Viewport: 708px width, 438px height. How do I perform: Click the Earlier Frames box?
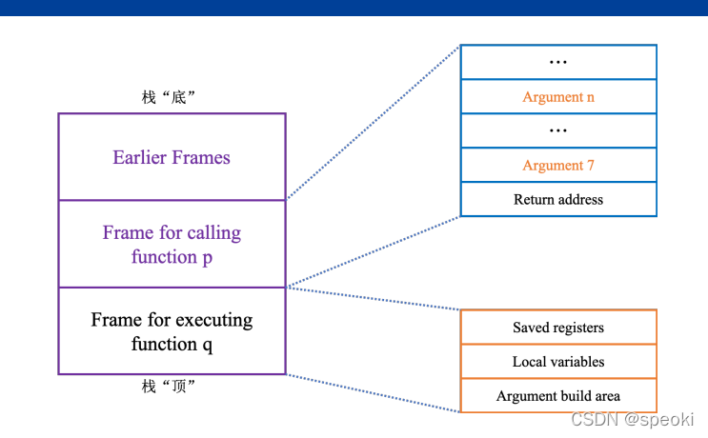(x=172, y=157)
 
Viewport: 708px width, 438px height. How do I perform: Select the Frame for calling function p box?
(x=172, y=245)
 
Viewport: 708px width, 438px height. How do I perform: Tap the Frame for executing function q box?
(x=172, y=331)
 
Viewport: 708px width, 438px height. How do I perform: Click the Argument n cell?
(x=558, y=97)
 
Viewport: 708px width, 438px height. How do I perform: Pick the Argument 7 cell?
(x=558, y=166)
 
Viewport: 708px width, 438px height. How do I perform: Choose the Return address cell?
(x=558, y=200)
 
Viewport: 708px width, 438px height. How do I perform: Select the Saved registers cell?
(x=558, y=328)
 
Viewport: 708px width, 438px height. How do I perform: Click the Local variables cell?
(x=558, y=362)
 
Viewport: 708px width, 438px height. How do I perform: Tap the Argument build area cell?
(x=558, y=396)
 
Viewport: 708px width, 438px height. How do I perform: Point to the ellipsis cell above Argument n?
(x=558, y=63)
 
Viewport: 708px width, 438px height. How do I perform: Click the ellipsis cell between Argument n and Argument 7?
(x=558, y=131)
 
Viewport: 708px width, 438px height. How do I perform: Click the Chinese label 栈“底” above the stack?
(x=169, y=97)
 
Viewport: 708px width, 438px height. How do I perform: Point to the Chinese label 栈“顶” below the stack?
(x=169, y=386)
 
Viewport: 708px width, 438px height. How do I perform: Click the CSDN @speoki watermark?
(x=632, y=419)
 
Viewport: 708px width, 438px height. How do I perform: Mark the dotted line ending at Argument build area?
(x=372, y=392)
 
